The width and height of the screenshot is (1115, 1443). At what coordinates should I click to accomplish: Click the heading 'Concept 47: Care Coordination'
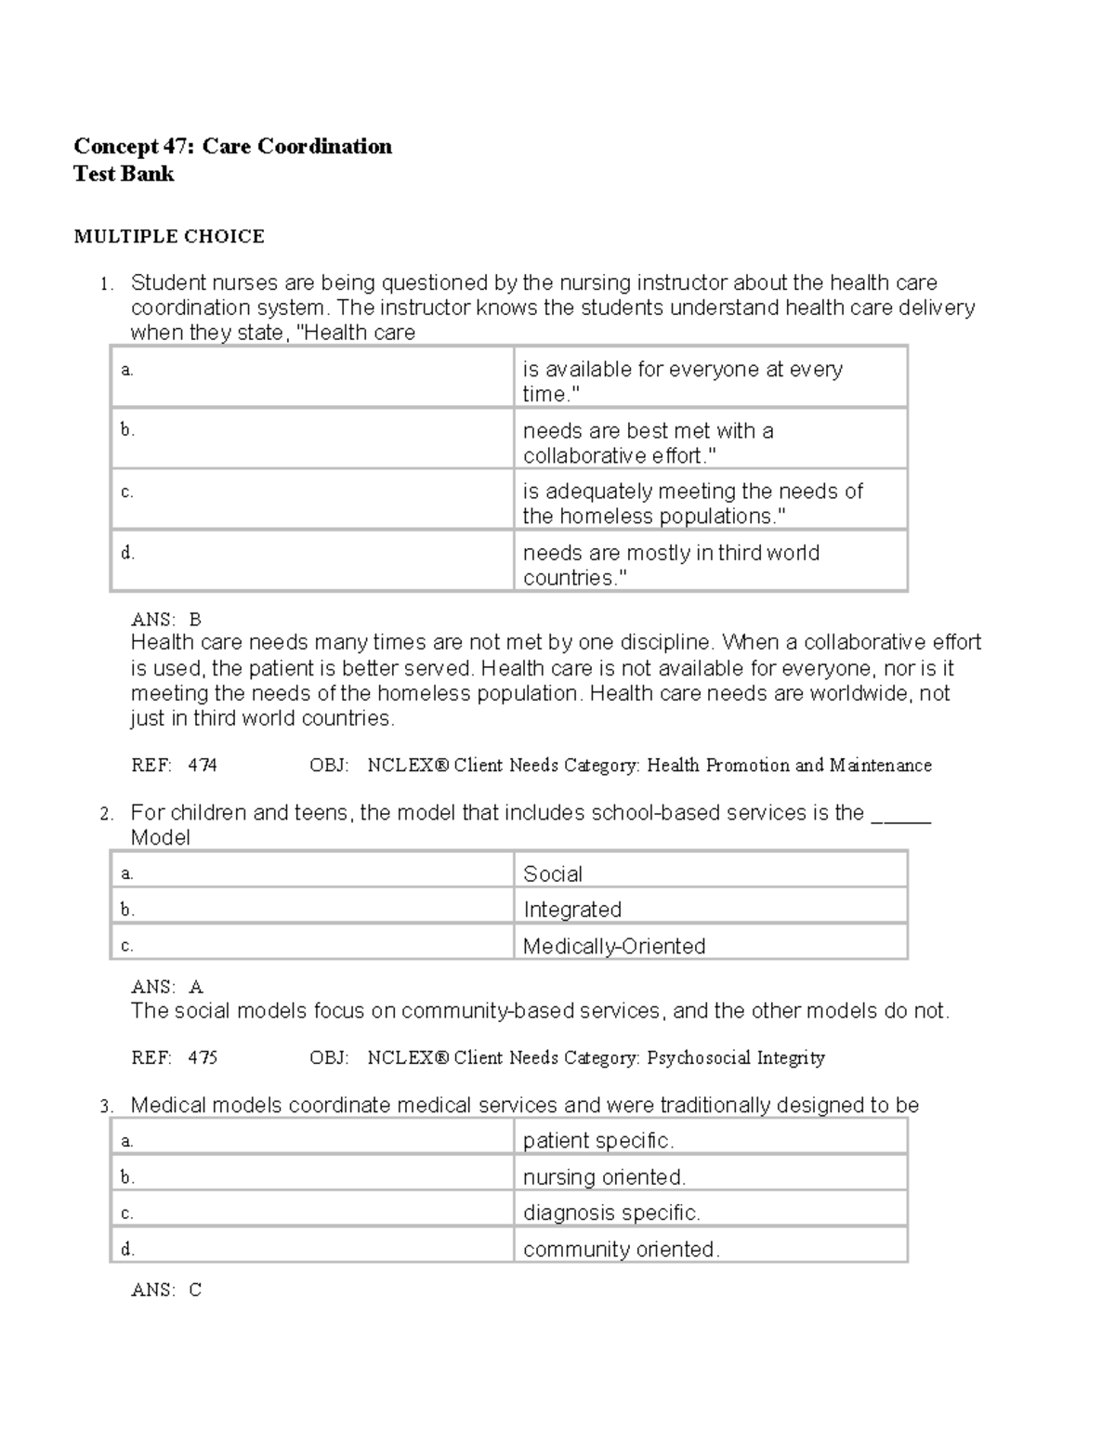coord(232,147)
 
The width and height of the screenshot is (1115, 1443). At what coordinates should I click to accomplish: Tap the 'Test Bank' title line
coord(124,175)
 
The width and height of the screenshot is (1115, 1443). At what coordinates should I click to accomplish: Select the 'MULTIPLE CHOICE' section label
coord(169,237)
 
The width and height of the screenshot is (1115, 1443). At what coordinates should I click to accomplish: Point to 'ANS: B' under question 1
coord(166,620)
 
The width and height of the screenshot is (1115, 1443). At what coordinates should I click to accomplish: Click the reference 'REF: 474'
coord(174,766)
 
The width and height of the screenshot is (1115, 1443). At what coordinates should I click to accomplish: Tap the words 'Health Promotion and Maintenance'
coord(789,766)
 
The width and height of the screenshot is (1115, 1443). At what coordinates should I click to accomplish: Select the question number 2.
coord(107,815)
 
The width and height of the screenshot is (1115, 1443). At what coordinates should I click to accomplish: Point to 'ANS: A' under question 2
coord(167,987)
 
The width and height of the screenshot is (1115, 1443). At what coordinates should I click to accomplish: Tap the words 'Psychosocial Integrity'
coord(736,1057)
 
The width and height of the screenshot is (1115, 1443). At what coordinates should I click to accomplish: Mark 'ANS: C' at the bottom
coord(166,1290)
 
